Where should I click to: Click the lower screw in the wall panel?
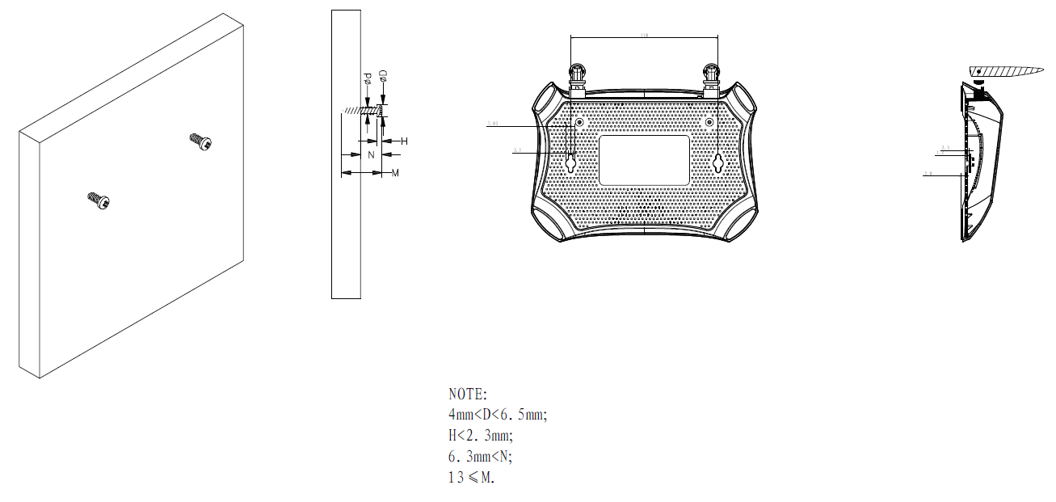98,200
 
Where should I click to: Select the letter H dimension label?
404,141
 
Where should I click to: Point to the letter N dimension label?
371,154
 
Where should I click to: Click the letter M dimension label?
395,173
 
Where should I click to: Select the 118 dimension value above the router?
644,36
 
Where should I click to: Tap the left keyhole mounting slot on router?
570,162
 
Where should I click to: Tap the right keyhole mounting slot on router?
717,162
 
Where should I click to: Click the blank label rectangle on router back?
644,160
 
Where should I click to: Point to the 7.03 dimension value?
494,124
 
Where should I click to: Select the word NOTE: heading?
468,394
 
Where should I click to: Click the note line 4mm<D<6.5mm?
498,416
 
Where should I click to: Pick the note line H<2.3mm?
480,436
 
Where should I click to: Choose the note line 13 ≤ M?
470,477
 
